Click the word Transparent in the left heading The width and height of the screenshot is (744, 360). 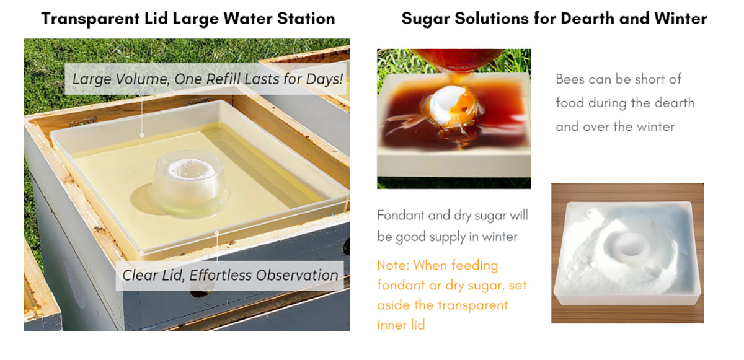[91, 19]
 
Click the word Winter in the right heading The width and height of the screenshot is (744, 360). [681, 19]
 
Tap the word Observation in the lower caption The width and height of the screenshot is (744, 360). [297, 275]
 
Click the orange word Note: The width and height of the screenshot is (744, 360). [393, 265]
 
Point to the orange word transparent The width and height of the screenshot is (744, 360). [476, 305]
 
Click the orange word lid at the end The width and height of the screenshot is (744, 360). [418, 325]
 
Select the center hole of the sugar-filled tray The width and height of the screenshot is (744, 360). [630, 244]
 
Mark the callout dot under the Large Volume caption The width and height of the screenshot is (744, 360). [142, 135]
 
